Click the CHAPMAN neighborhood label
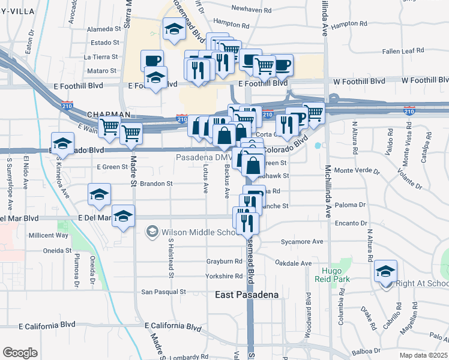coord(109,114)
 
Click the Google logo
coord(20,353)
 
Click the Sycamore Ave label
coord(303,242)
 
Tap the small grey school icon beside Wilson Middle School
coord(152,232)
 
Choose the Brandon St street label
coord(156,184)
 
